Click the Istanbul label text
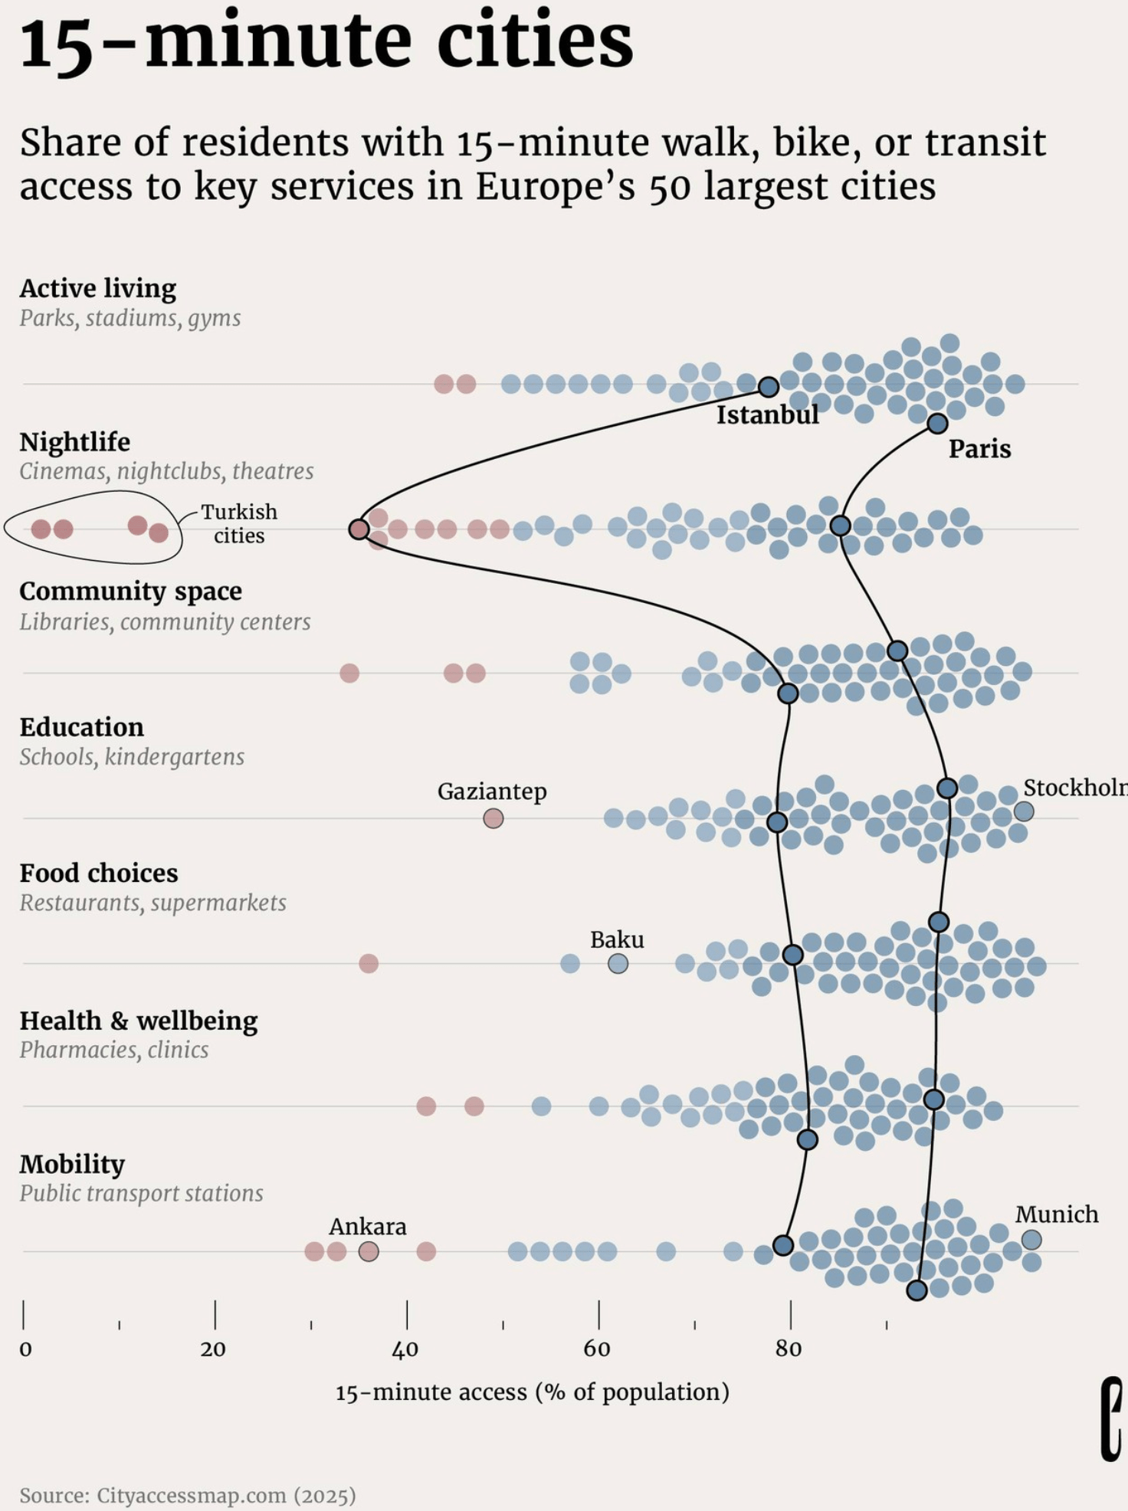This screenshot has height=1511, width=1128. click(x=767, y=415)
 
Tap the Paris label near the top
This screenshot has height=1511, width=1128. click(x=979, y=449)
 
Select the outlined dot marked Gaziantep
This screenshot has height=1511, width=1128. click(x=493, y=818)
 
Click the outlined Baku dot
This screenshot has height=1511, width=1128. click(x=618, y=963)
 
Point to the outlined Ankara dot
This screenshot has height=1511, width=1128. click(x=369, y=1251)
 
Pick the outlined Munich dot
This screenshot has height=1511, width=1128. click(x=1031, y=1239)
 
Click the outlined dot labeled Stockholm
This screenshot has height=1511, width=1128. click(x=1024, y=811)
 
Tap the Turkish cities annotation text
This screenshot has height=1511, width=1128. click(x=239, y=523)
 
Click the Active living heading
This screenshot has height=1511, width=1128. click(x=98, y=289)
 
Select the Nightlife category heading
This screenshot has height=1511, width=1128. click(x=75, y=442)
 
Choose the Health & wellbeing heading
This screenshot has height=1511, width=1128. click(x=139, y=1021)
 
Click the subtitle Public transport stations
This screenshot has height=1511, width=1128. click(x=141, y=1193)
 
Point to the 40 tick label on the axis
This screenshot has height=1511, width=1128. click(x=405, y=1349)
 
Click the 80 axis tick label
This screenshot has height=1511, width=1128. click(x=788, y=1349)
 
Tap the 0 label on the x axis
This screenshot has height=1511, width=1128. click(x=25, y=1349)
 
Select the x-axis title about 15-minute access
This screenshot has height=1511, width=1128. click(x=532, y=1391)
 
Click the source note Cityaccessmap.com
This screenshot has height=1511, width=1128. click(x=188, y=1495)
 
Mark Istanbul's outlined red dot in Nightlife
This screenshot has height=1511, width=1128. click(x=359, y=529)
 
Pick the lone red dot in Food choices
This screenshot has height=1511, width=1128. click(x=369, y=963)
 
